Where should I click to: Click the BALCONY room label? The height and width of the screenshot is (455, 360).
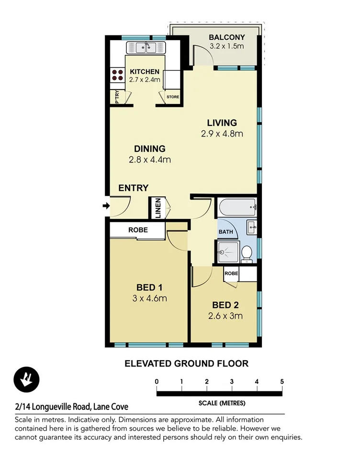(x=226, y=37)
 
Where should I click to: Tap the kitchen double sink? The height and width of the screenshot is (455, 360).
(x=146, y=47)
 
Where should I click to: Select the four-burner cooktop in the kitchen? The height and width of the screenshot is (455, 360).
(x=117, y=75)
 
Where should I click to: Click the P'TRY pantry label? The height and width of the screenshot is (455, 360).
(x=117, y=97)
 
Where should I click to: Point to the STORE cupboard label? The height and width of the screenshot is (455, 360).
(x=172, y=97)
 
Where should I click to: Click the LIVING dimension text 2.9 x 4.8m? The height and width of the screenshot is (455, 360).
(x=222, y=134)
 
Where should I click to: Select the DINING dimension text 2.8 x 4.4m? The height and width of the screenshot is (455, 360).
(x=149, y=160)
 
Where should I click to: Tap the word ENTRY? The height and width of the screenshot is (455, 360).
(x=134, y=188)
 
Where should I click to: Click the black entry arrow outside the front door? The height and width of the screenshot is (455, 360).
(x=105, y=206)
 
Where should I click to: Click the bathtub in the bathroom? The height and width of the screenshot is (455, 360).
(x=237, y=208)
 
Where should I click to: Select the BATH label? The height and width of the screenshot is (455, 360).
(x=226, y=232)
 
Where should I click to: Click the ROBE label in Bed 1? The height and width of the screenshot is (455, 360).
(x=138, y=230)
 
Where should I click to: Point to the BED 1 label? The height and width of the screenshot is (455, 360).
(x=149, y=287)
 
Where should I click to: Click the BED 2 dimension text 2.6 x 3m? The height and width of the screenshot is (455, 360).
(x=225, y=316)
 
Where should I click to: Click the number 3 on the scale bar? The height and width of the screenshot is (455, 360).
(x=232, y=381)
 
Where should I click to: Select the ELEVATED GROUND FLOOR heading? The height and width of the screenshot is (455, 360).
(x=186, y=364)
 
